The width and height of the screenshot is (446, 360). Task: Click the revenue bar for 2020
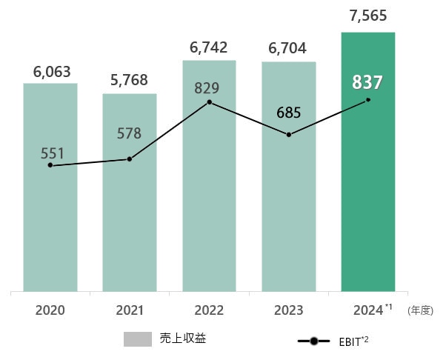click(50, 222)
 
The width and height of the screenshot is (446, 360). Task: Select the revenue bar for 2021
click(130, 222)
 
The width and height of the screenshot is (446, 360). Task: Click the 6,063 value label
click(52, 72)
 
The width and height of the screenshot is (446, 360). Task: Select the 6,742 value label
click(210, 48)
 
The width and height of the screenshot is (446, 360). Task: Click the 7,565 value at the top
click(368, 16)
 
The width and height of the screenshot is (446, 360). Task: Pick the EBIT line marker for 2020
click(50, 165)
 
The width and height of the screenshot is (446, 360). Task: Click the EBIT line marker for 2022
click(210, 101)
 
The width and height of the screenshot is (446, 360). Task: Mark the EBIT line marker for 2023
click(289, 135)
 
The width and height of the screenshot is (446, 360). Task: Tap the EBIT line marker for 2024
click(368, 100)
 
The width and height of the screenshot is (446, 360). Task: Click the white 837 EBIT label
click(367, 82)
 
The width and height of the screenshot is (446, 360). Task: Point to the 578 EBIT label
click(130, 134)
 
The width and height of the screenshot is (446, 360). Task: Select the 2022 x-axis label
click(210, 310)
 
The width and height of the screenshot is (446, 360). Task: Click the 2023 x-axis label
click(289, 310)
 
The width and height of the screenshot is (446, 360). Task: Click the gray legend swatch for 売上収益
click(138, 339)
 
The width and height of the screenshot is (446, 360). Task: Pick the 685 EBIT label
click(289, 113)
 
